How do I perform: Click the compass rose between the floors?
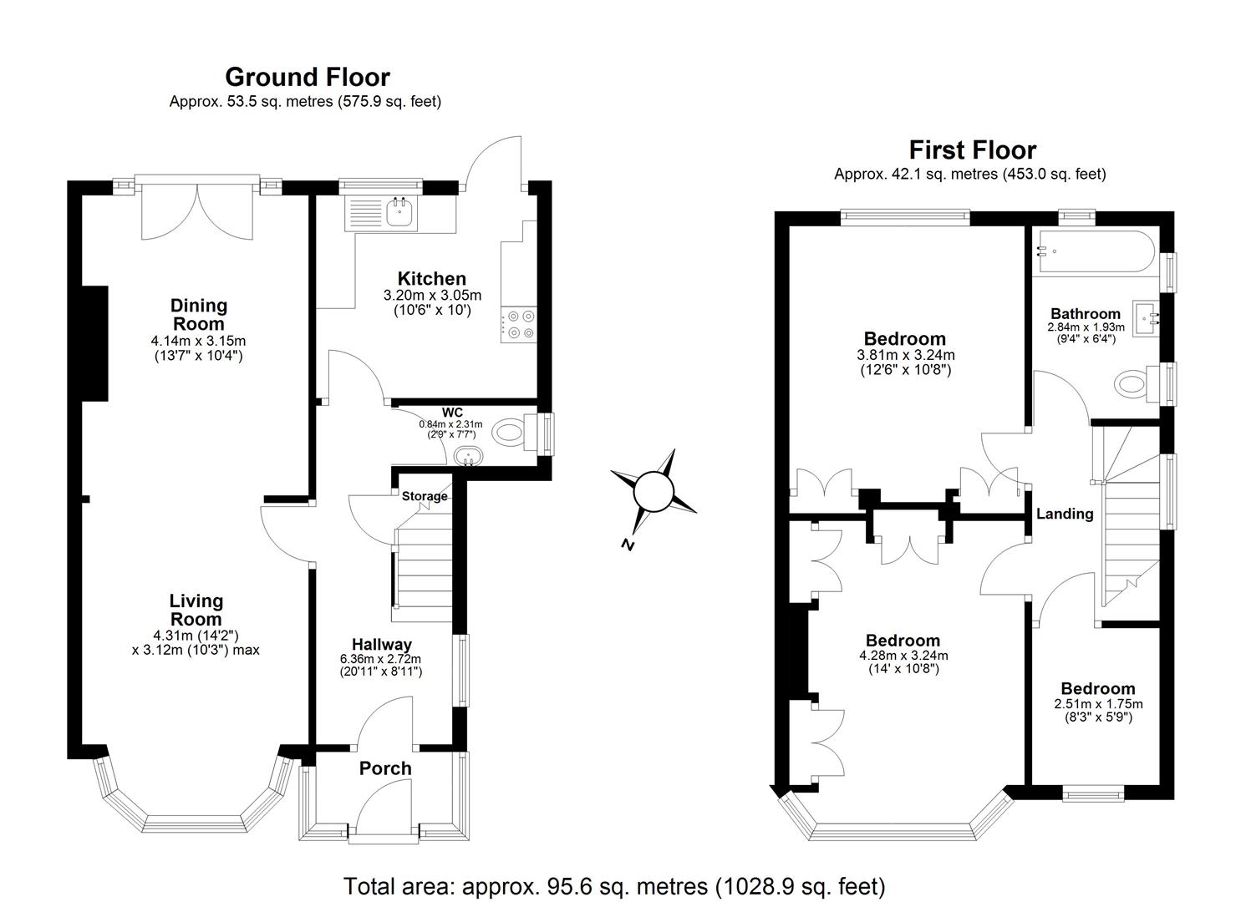point(654,491)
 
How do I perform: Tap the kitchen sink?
point(399,211)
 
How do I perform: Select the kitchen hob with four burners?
point(519,325)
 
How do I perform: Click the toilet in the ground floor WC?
point(510,433)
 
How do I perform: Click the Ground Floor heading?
point(307,77)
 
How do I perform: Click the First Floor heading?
point(972,150)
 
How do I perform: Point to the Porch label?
point(385,768)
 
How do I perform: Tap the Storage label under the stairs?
point(425,496)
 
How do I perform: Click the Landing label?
point(1065,514)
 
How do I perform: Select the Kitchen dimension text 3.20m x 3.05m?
point(432,295)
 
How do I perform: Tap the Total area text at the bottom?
point(613,885)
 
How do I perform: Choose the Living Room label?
point(196,610)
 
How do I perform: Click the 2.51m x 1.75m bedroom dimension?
point(1098,704)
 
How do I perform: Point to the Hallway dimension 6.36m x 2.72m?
point(381,658)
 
